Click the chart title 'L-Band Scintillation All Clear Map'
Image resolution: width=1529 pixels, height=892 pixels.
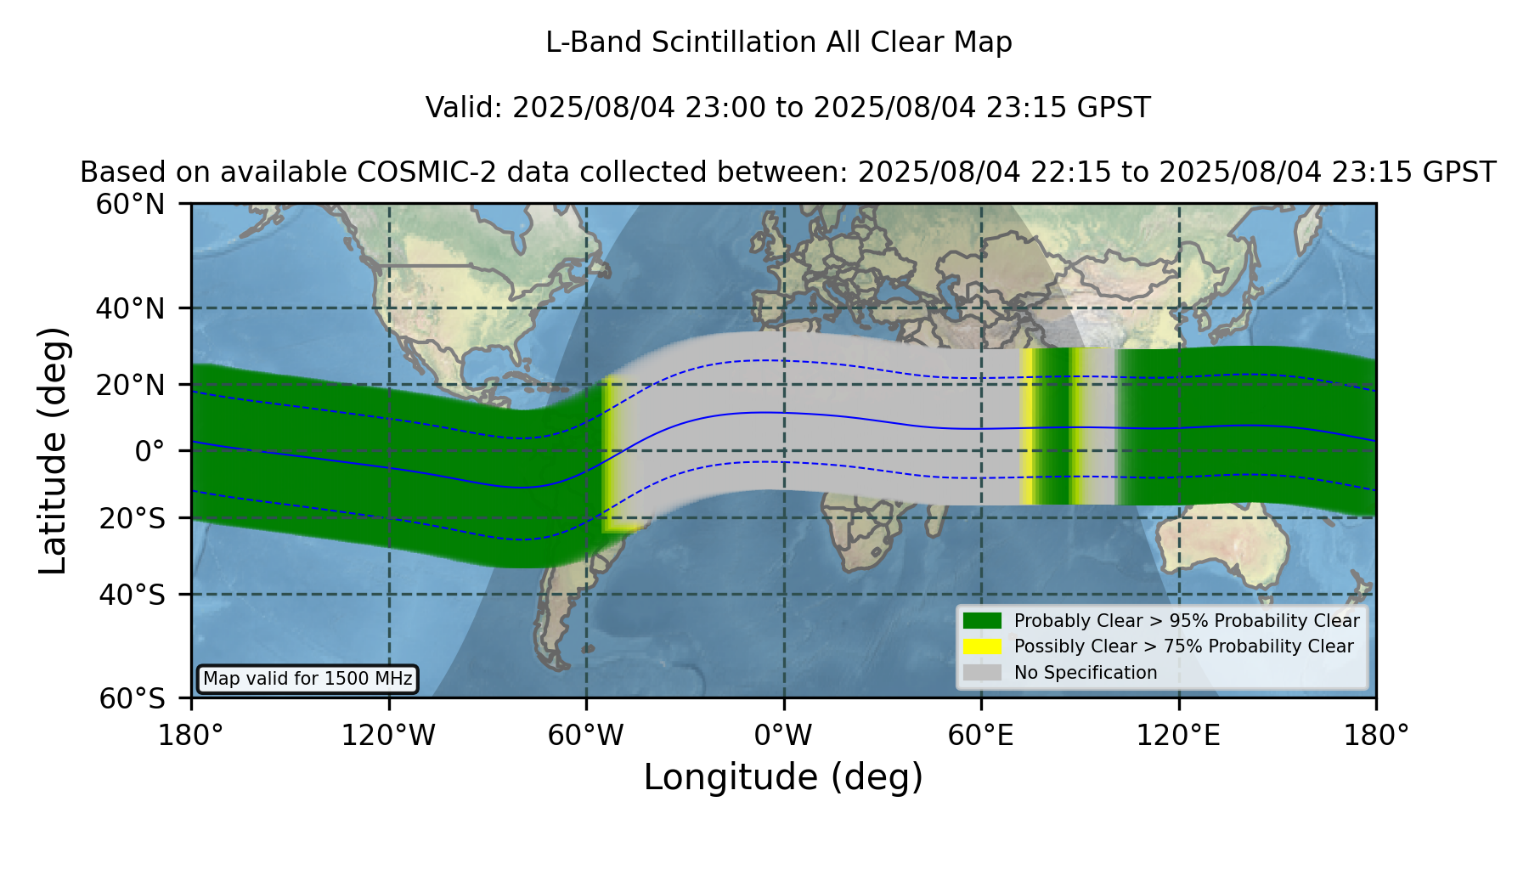coord(778,42)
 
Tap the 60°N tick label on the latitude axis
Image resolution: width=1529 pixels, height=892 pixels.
coord(131,205)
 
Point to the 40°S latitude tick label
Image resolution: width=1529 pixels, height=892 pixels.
coord(132,595)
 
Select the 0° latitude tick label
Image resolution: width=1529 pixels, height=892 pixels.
coord(150,451)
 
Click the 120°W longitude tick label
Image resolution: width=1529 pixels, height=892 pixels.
coord(388,735)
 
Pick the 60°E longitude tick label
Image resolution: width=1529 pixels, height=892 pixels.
coord(981,735)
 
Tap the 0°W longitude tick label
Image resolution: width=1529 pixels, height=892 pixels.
coord(783,735)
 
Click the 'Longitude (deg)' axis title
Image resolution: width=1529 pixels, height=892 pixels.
coord(783,777)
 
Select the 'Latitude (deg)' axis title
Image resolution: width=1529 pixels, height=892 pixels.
coord(53,450)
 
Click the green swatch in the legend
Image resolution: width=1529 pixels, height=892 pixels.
coord(983,620)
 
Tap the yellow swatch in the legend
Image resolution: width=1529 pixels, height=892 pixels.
coord(983,646)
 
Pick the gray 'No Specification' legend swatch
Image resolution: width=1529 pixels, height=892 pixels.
coord(983,673)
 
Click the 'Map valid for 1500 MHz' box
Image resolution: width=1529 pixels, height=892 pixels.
coord(307,679)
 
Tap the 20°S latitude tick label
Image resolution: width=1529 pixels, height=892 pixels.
coord(132,518)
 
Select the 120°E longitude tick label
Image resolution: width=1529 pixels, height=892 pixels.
coord(1178,735)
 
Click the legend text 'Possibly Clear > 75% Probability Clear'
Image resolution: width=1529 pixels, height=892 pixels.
coord(1183,646)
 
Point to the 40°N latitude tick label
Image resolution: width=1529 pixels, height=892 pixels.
coord(131,308)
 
